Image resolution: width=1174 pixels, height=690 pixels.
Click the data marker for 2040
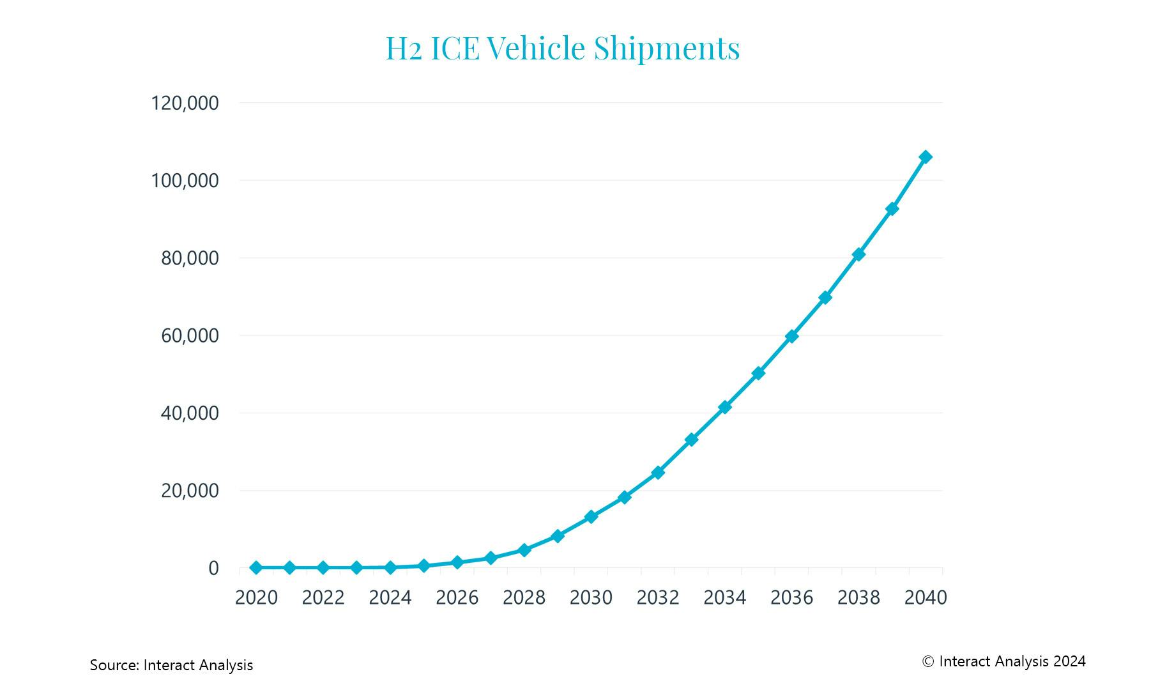925,157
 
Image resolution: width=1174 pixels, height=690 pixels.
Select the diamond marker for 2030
591,516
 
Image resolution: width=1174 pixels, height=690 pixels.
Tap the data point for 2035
758,373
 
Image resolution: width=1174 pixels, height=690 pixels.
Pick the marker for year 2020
256,567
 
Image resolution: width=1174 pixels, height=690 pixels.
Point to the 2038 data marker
858,254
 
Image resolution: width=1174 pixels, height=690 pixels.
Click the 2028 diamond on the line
524,550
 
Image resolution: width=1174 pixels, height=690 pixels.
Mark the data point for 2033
691,440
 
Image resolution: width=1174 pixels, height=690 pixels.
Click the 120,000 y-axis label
185,103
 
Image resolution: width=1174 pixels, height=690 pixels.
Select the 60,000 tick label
190,335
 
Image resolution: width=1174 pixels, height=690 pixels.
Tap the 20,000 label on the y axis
190,491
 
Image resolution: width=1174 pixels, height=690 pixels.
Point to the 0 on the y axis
213,568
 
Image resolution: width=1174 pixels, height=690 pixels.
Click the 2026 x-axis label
457,598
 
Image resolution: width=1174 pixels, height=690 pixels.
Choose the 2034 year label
724,598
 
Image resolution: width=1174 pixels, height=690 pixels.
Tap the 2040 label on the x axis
926,598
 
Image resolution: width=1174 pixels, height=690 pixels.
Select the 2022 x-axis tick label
323,598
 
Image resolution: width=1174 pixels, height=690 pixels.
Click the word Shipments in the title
666,49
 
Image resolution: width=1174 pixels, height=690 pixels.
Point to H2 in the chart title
404,49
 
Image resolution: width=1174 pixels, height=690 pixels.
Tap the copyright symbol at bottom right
928,662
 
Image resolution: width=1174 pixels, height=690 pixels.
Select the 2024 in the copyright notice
1069,661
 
